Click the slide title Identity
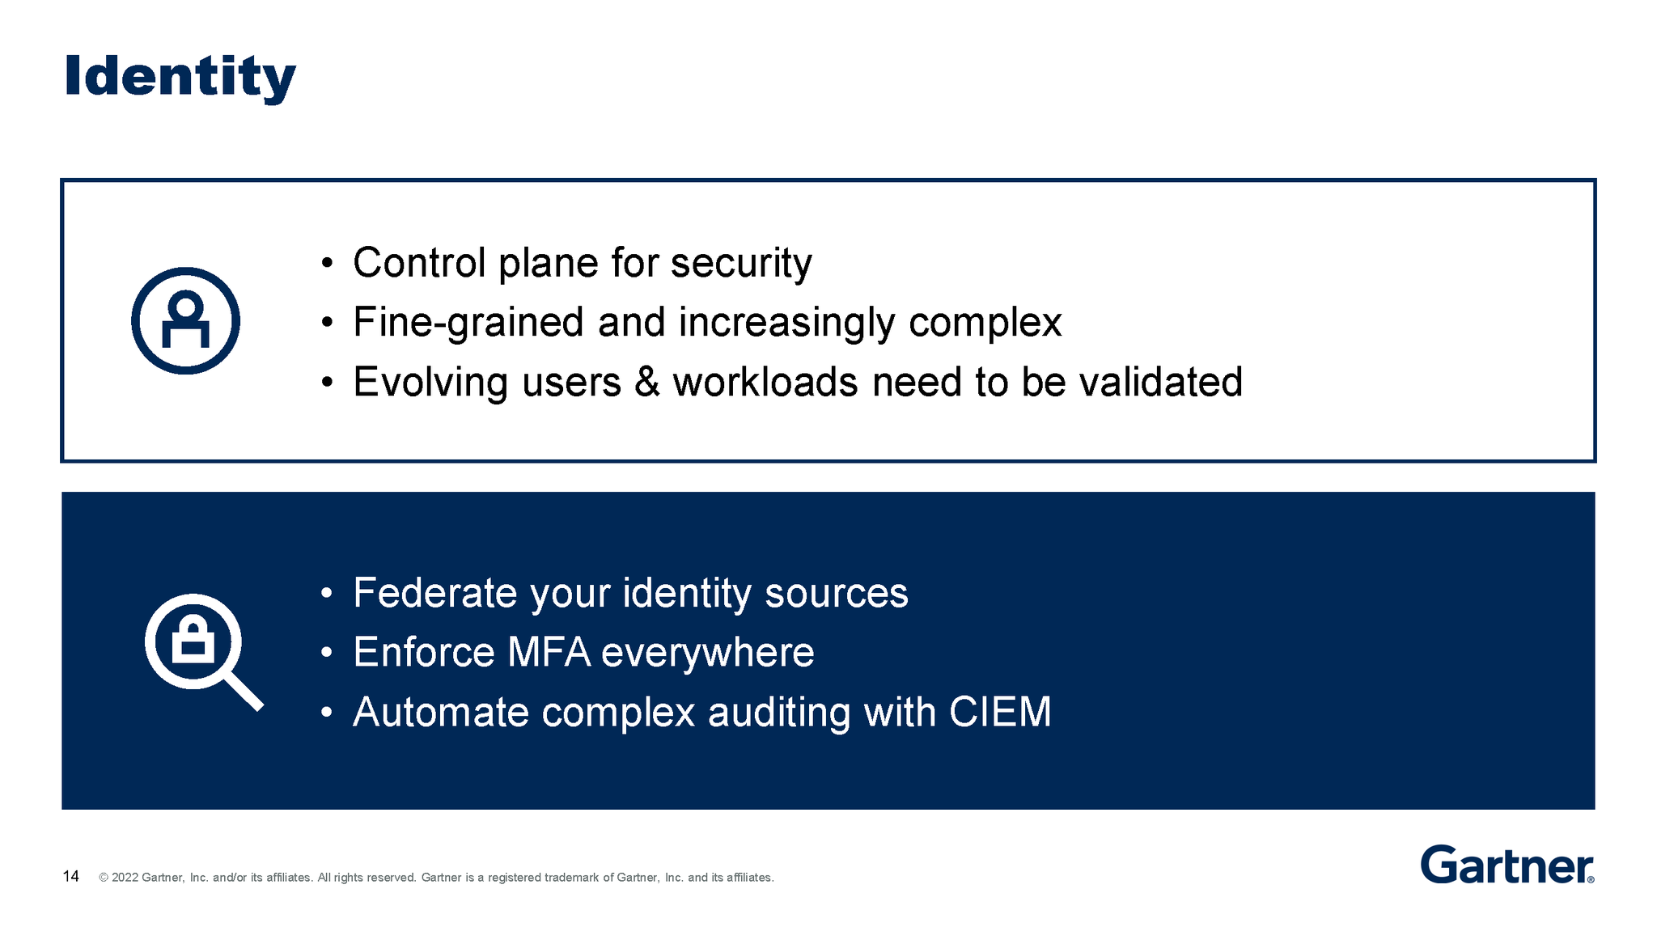point(180,77)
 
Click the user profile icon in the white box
point(185,320)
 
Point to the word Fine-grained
point(468,323)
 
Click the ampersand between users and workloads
point(646,382)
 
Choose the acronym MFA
point(549,652)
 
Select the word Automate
point(440,712)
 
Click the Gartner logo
point(1507,866)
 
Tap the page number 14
point(71,877)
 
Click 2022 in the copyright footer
point(125,878)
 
